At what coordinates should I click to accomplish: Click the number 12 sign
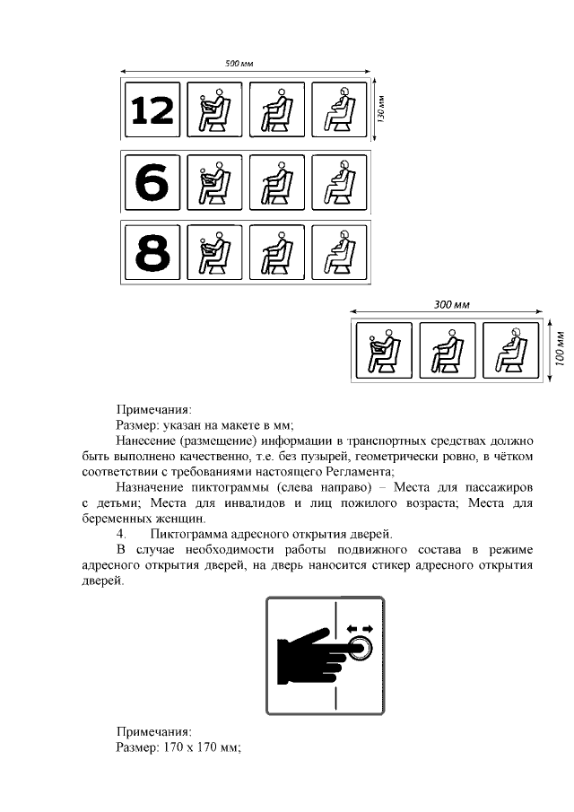point(152,111)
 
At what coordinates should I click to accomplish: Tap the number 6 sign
point(152,183)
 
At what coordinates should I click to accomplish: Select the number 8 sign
point(152,253)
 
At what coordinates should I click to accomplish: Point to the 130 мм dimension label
point(380,109)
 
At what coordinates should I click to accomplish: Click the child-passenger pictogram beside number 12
point(213,111)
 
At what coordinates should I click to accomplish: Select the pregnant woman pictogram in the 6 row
point(339,183)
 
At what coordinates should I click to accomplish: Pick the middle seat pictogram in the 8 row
point(276,253)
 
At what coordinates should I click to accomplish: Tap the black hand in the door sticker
point(310,653)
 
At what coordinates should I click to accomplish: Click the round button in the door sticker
point(361,648)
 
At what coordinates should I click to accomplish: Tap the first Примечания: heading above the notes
point(154,409)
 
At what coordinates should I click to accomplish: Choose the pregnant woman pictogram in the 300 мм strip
point(509,350)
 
